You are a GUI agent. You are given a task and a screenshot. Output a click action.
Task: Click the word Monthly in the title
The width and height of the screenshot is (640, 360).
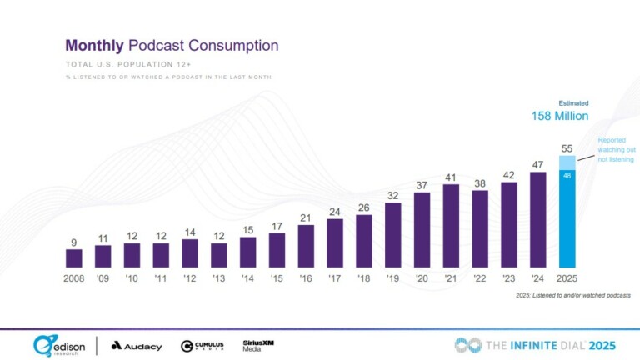94,45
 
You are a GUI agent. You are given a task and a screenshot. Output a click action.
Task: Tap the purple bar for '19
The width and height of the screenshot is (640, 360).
393,236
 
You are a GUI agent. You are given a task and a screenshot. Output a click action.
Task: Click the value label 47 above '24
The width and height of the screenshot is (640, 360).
538,164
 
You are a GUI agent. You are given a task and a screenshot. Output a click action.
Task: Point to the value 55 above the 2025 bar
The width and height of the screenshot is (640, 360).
567,147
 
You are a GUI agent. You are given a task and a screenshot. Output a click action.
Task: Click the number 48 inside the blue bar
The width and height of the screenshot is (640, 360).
567,176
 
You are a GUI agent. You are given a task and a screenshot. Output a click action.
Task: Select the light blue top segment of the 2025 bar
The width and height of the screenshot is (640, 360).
567,162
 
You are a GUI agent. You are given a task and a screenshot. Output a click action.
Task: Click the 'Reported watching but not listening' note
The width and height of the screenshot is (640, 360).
615,150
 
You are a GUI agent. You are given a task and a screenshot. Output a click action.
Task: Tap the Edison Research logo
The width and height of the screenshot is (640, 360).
58,345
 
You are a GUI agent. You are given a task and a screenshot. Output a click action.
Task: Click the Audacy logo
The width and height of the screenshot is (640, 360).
137,345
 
